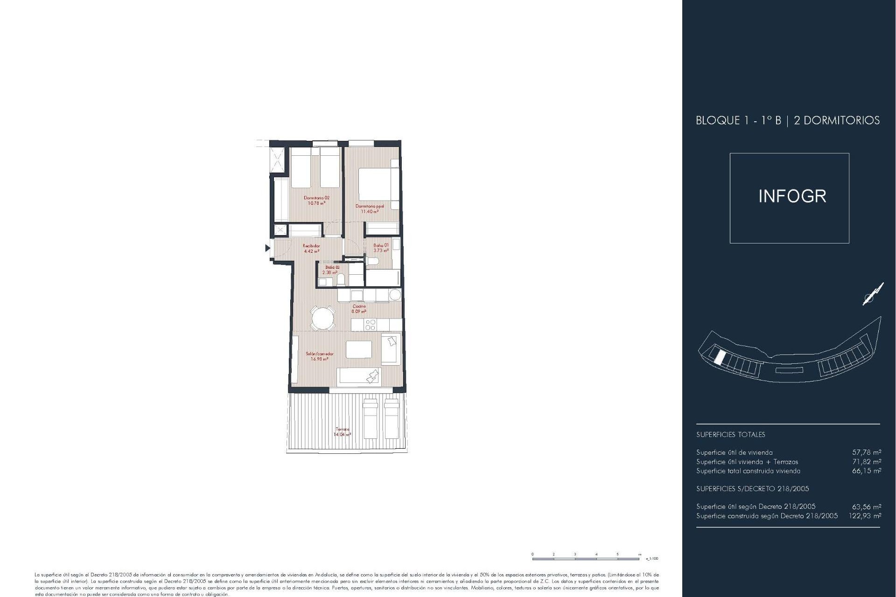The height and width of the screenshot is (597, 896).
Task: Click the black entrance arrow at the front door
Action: pyautogui.click(x=267, y=248)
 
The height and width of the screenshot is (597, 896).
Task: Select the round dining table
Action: pyautogui.click(x=323, y=319)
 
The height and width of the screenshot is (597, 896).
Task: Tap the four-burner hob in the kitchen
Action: pyautogui.click(x=371, y=325)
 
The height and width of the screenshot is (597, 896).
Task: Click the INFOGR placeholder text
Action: pyautogui.click(x=792, y=196)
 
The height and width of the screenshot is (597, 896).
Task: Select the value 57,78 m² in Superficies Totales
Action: pyautogui.click(x=867, y=452)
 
